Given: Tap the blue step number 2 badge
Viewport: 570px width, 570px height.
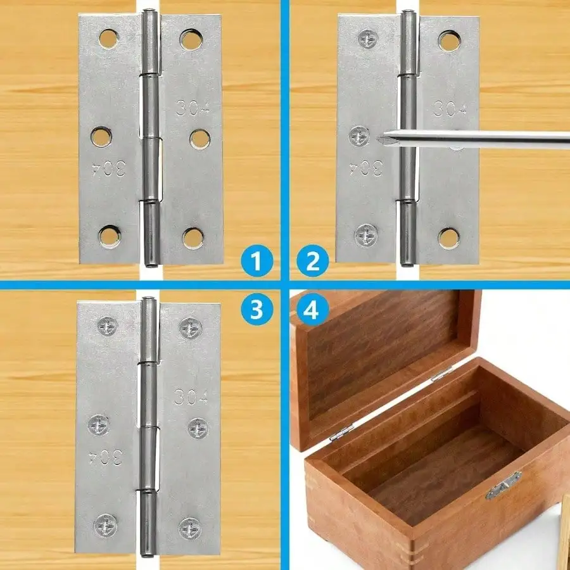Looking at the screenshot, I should point(313,262).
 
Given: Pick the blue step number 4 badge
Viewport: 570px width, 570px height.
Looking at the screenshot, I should point(313,308).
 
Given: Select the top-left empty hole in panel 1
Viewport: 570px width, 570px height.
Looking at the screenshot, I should point(108,38).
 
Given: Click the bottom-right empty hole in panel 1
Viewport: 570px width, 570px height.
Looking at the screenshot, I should point(193,237).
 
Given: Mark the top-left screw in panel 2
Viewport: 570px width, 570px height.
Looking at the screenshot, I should point(368,39).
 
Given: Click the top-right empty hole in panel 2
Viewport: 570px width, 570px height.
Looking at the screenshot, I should point(450,41).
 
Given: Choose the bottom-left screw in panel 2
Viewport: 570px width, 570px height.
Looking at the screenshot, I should point(367,234).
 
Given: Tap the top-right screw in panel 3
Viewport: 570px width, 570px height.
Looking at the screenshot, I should point(190,327).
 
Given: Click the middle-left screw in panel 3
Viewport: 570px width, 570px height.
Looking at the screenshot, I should point(99,425).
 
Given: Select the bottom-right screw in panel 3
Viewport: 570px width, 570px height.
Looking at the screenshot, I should point(189,527).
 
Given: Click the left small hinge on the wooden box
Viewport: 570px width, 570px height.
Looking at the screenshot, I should point(340,432).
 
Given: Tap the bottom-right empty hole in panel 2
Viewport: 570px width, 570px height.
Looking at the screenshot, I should point(449,237).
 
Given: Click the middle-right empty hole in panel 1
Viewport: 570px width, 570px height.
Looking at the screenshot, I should point(199,139).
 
